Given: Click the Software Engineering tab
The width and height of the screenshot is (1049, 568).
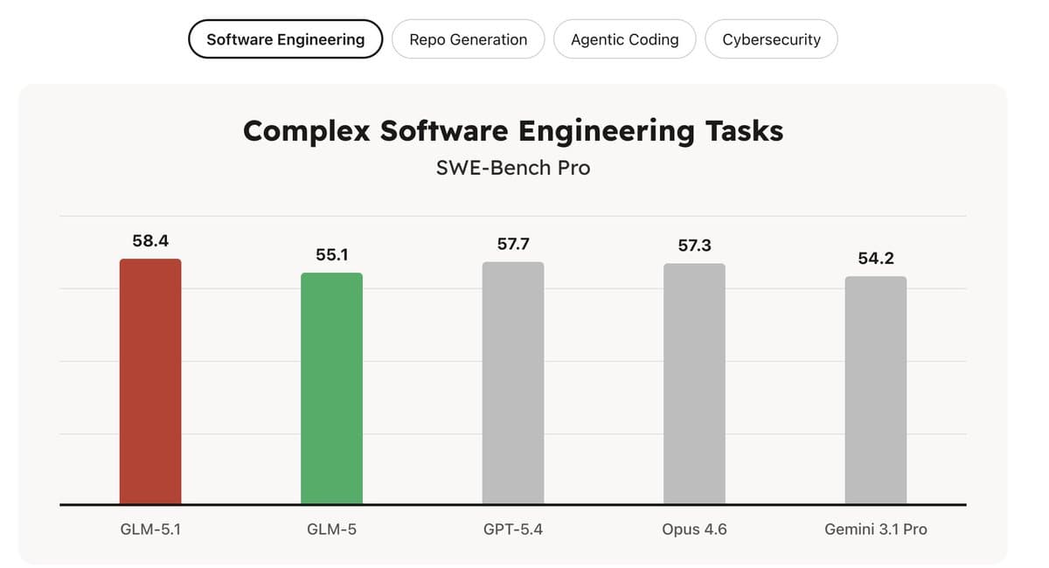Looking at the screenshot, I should point(285,39).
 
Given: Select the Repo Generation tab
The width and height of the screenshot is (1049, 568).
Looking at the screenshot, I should point(468,39).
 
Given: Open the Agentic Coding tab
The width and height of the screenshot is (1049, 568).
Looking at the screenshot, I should point(624,39).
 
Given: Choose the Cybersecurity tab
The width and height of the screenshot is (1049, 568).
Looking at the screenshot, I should point(771,39).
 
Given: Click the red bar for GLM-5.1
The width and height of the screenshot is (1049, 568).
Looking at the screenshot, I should point(150,381).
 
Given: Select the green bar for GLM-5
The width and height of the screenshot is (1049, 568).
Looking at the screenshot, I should point(331,388).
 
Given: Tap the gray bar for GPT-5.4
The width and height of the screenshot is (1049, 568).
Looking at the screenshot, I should point(513,383).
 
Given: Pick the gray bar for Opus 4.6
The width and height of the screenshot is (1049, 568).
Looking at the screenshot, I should point(694,384).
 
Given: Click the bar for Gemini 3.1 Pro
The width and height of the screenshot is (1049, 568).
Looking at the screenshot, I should point(875,390).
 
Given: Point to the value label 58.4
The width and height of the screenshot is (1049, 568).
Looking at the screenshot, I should point(150,240).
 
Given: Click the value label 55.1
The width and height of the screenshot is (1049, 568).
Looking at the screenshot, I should point(331,254).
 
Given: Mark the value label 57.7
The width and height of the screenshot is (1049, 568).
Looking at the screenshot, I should point(513,244).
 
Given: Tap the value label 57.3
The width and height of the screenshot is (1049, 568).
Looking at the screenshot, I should point(694,246).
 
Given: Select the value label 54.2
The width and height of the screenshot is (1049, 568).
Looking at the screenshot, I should point(875,259).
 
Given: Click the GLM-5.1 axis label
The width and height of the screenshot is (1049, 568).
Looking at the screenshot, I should point(150,529).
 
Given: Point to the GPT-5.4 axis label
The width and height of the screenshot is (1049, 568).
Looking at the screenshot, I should point(513,529).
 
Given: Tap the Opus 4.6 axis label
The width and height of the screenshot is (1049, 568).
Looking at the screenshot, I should point(694,529).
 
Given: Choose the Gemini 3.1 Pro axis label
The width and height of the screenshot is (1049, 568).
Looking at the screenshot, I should point(875,529).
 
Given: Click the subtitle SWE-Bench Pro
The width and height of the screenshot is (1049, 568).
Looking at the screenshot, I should point(513,167).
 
